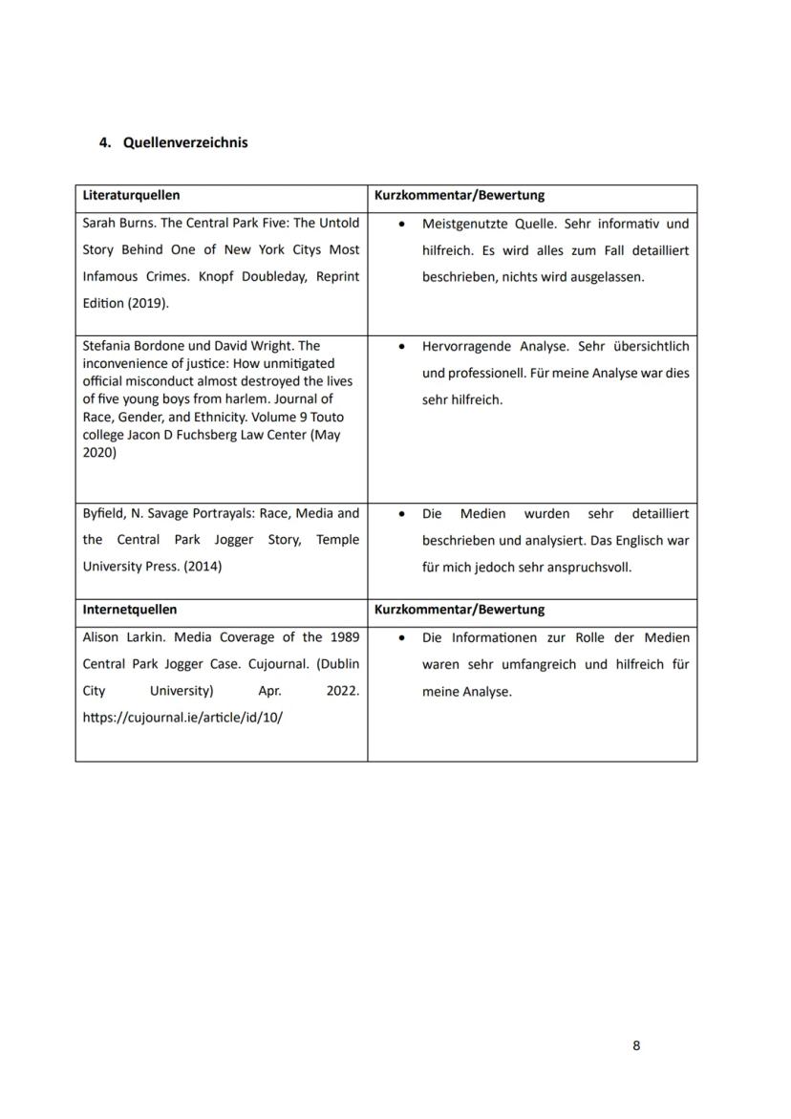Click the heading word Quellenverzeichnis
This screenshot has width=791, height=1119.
[185, 142]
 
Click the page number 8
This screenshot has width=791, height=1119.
[636, 1045]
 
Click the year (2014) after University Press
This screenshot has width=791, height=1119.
[202, 567]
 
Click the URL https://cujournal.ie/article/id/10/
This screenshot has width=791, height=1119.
[182, 718]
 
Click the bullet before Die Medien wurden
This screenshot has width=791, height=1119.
[404, 514]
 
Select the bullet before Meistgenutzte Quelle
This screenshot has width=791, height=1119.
[404, 224]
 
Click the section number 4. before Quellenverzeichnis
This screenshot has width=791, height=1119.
[105, 142]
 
